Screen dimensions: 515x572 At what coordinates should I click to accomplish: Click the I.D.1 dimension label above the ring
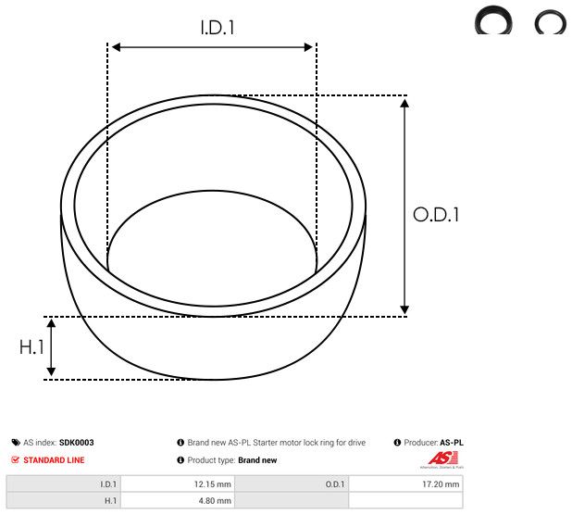[x=218, y=29]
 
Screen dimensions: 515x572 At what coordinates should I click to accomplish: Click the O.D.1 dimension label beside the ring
[x=436, y=215]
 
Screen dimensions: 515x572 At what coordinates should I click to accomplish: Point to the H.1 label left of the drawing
[x=32, y=348]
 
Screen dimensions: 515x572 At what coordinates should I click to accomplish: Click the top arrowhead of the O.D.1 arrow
[x=404, y=102]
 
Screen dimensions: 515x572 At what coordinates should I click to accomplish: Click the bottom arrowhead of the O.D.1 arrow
[x=404, y=309]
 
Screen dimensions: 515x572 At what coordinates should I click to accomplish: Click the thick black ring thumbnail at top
[x=494, y=20]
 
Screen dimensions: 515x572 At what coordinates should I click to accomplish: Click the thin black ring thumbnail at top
[x=550, y=20]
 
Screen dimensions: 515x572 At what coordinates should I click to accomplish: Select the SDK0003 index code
[x=77, y=443]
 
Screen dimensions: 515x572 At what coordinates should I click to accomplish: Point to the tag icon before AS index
[x=15, y=443]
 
